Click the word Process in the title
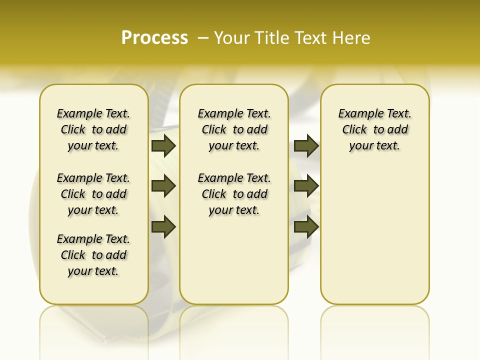(154, 38)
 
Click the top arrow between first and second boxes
(163, 145)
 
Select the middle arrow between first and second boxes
(163, 186)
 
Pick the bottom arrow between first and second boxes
(163, 226)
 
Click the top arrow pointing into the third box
(306, 145)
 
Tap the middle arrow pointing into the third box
(306, 186)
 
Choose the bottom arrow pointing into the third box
(306, 226)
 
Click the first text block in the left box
(93, 129)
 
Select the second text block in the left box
(93, 194)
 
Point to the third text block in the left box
(93, 255)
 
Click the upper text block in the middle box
(234, 129)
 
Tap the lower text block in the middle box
(234, 194)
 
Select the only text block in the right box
(375, 129)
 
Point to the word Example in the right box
(356, 113)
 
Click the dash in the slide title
(203, 38)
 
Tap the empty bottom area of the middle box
(234, 265)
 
